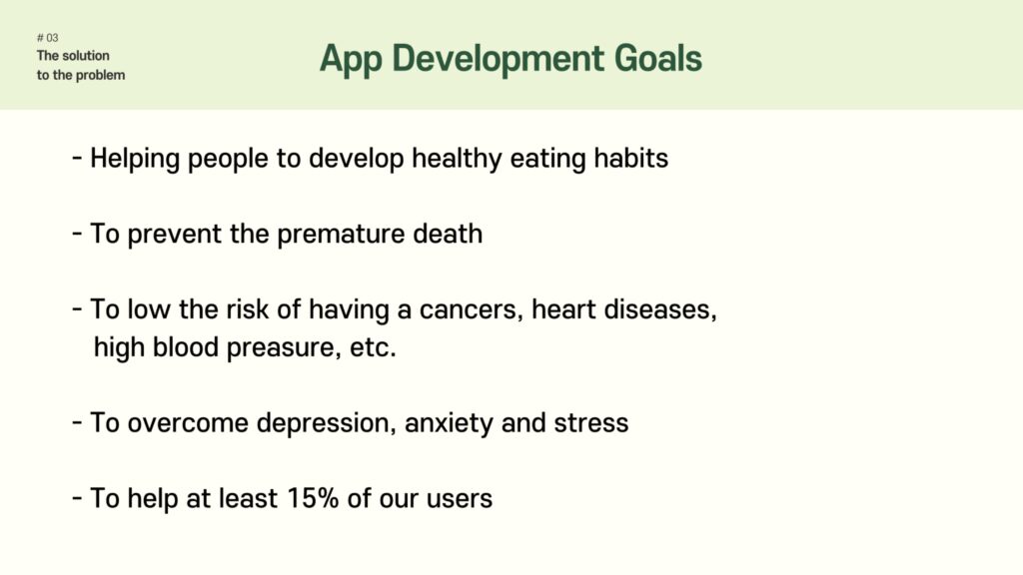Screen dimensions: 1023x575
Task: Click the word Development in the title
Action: click(x=498, y=60)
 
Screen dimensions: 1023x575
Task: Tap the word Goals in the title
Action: click(x=657, y=58)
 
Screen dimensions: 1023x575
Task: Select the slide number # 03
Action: click(x=48, y=38)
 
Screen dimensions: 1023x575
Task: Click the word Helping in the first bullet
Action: click(x=135, y=159)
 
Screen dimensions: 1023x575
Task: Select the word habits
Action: click(x=631, y=158)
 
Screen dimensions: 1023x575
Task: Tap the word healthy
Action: click(x=457, y=159)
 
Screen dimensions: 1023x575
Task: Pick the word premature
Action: click(x=341, y=235)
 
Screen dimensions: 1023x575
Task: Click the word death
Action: click(x=448, y=234)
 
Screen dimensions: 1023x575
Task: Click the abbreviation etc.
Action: click(x=374, y=347)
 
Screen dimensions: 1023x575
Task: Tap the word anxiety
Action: click(x=449, y=423)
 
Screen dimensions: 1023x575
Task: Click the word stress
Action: click(x=591, y=423)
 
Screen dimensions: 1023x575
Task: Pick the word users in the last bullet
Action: click(x=460, y=499)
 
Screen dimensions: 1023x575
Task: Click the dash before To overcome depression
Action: click(x=77, y=422)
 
